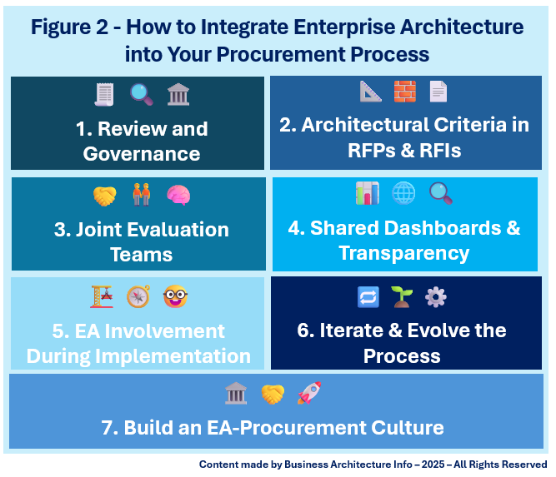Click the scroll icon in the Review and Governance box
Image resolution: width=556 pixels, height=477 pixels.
pos(104,93)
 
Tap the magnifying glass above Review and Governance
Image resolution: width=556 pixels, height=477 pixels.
pos(141,93)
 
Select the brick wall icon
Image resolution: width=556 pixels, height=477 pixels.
pos(405,91)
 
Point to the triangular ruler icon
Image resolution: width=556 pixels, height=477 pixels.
pos(371,91)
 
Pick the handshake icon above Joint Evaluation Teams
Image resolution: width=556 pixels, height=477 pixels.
pos(105,196)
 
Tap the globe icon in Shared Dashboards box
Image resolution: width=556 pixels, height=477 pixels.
pos(403,194)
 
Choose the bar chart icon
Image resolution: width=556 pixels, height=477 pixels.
pos(367,194)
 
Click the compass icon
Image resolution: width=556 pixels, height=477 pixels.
pos(138,296)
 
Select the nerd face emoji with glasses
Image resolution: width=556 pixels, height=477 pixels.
pos(174,296)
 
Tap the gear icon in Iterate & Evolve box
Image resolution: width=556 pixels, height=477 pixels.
pos(436,296)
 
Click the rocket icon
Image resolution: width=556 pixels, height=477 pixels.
pos(309,393)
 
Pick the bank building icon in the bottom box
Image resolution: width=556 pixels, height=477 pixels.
pos(236,393)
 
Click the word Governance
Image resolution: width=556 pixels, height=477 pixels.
pos(142,154)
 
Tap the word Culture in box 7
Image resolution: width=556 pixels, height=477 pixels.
pos(408,429)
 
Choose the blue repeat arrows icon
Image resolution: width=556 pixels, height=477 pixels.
pos(367,296)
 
